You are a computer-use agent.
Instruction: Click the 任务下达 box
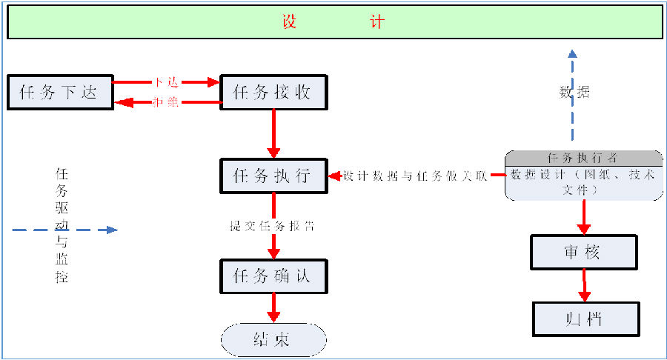(60, 93)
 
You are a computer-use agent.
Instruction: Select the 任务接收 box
(273, 93)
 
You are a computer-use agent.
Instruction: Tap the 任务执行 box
(273, 176)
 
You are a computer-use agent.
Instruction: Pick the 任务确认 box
(273, 277)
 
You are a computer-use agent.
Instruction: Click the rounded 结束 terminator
(273, 340)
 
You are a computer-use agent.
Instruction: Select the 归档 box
(585, 319)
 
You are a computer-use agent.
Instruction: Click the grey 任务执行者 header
(584, 158)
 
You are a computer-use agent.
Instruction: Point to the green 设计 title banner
(333, 22)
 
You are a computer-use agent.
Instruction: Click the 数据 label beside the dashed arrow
(574, 93)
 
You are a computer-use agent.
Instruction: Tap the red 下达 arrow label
(166, 82)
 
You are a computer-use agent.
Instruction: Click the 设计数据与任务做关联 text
(415, 176)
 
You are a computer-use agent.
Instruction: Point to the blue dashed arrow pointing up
(572, 96)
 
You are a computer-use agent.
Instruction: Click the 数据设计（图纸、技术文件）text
(583, 182)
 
